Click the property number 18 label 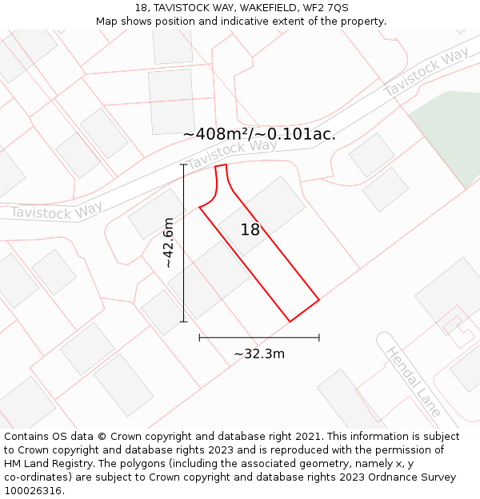pyautogui.click(x=250, y=230)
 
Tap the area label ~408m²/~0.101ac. pyautogui.click(x=259, y=134)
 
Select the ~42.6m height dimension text pyautogui.click(x=168, y=244)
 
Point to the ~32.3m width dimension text pyautogui.click(x=259, y=354)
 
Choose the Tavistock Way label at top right pyautogui.click(x=426, y=73)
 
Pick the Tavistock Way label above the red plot pyautogui.click(x=232, y=154)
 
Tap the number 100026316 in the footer pyautogui.click(x=33, y=491)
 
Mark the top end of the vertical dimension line pyautogui.click(x=184, y=165)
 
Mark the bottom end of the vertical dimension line pyautogui.click(x=184, y=322)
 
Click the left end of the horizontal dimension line pyautogui.click(x=199, y=338)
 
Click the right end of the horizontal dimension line pyautogui.click(x=319, y=338)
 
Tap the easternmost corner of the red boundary pyautogui.click(x=319, y=300)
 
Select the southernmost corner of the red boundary pyautogui.click(x=290, y=322)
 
